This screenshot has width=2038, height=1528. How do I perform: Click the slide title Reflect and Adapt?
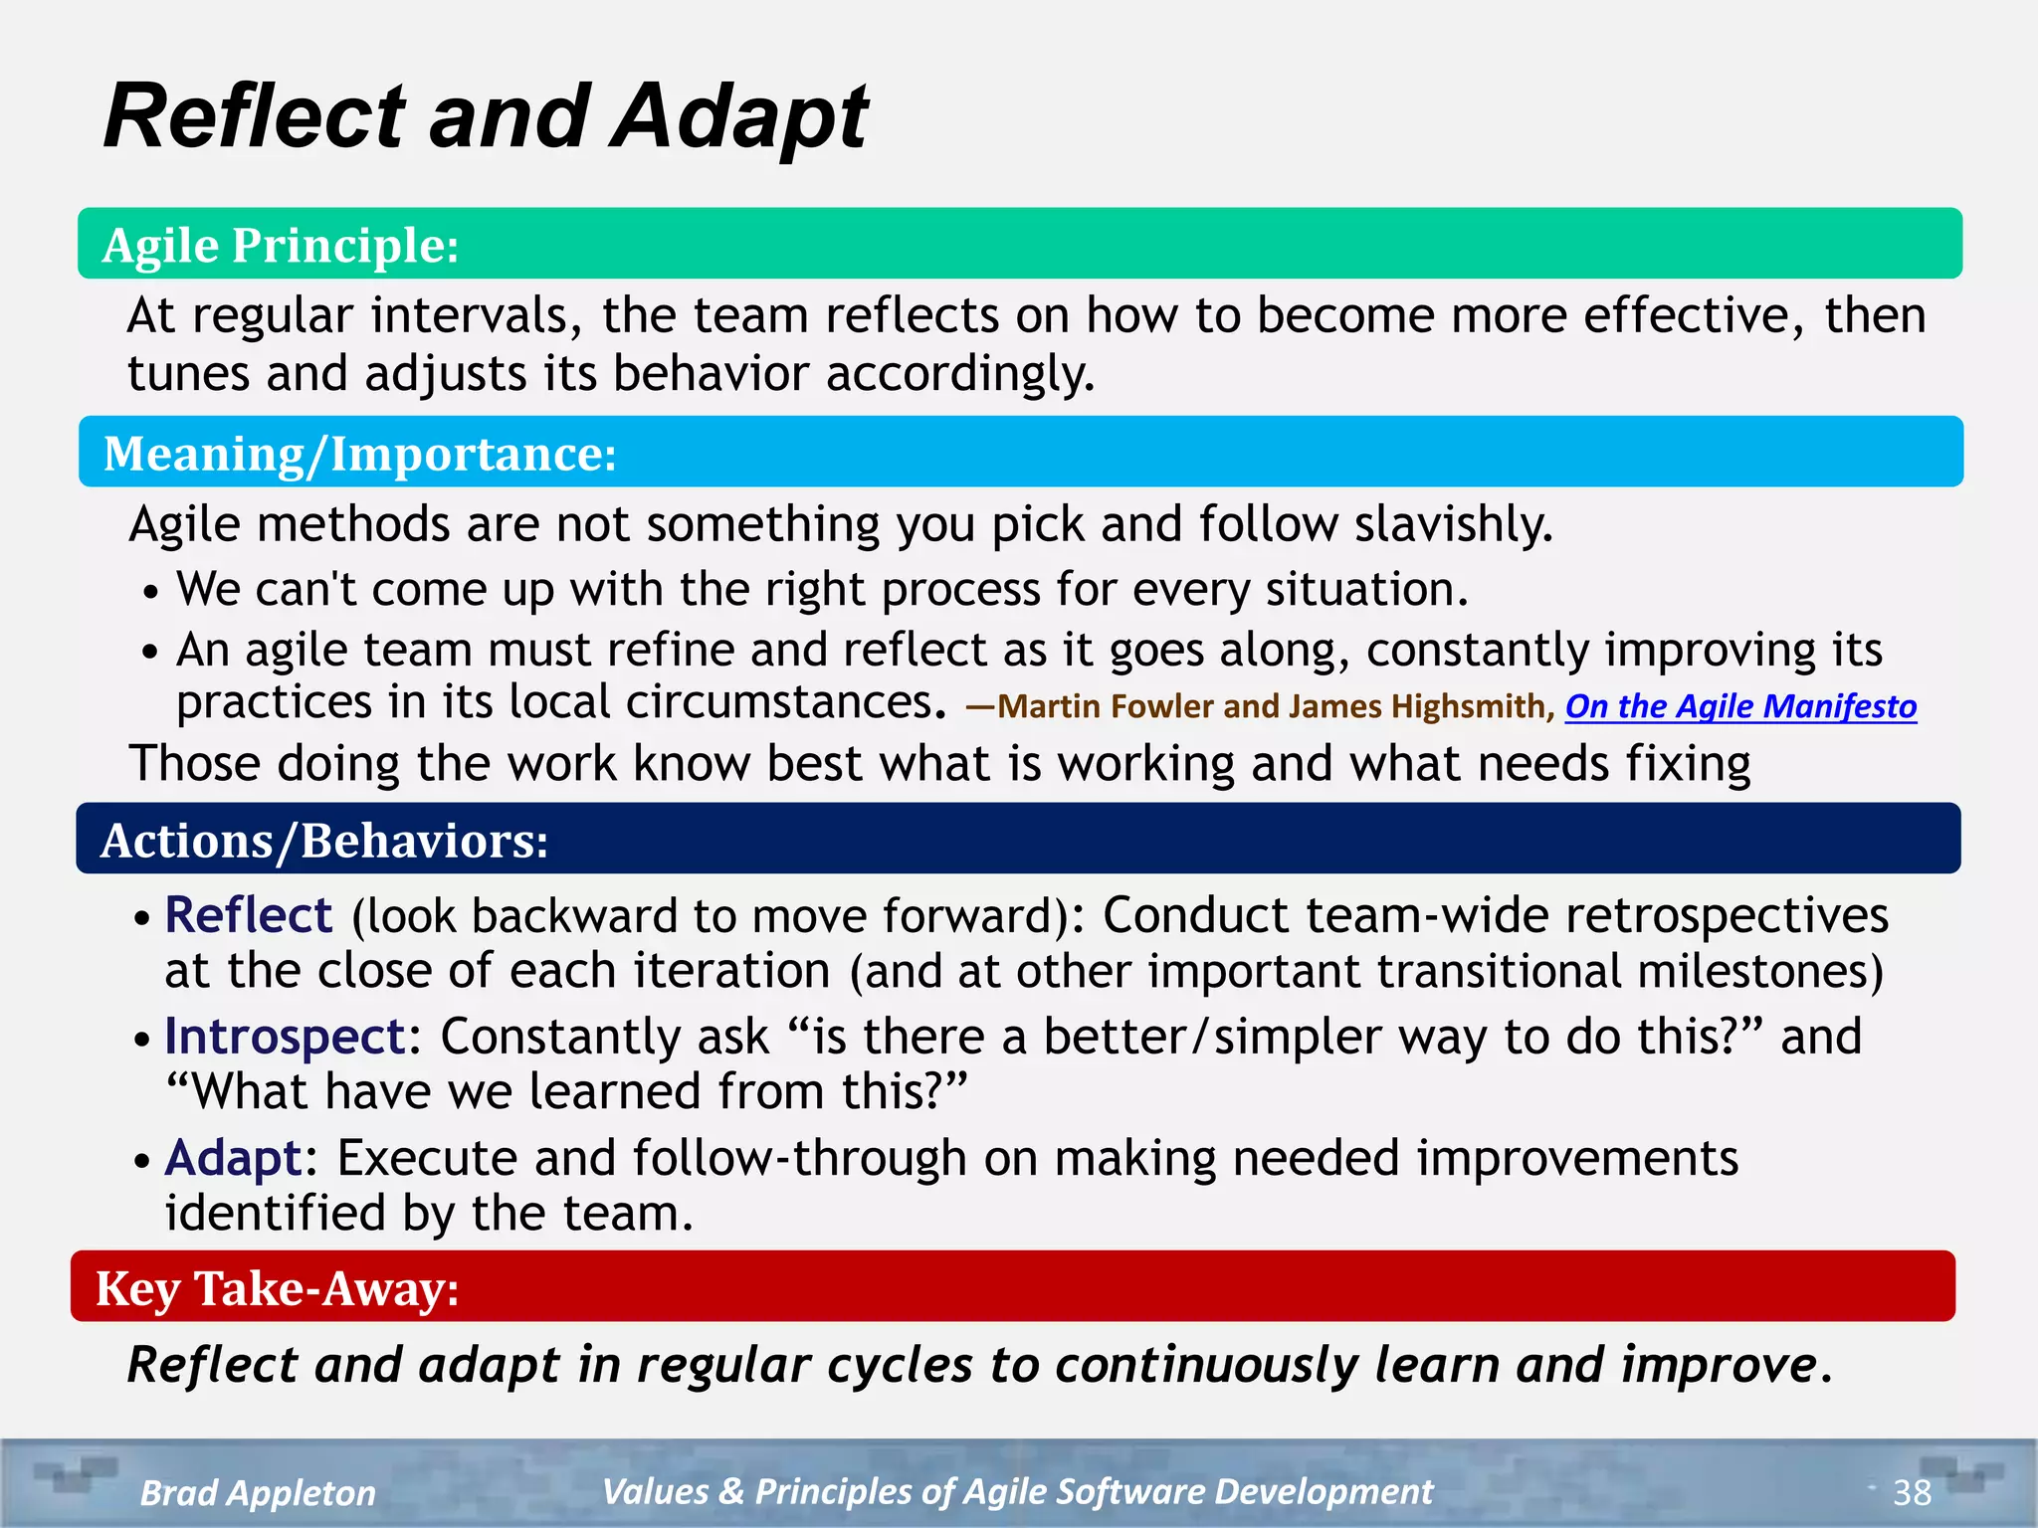pyautogui.click(x=486, y=117)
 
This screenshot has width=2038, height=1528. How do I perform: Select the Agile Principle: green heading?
pyautogui.click(x=281, y=245)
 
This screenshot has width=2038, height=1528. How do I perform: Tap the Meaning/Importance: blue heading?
pyautogui.click(x=360, y=454)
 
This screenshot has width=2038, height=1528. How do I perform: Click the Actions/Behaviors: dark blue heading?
pyautogui.click(x=324, y=841)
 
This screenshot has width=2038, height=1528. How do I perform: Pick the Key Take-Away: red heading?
pyautogui.click(x=278, y=1288)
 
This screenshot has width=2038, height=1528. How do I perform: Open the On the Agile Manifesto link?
pyautogui.click(x=1740, y=706)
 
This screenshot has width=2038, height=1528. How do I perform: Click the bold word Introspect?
pyautogui.click(x=285, y=1037)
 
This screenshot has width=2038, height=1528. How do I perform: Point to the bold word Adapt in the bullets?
pyautogui.click(x=233, y=1158)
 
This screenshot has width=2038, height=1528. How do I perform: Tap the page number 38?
pyautogui.click(x=1912, y=1492)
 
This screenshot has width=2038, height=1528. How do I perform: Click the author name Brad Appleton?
pyautogui.click(x=258, y=1493)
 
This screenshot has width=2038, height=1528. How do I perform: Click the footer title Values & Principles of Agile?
pyautogui.click(x=1017, y=1491)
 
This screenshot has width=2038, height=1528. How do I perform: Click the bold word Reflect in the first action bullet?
pyautogui.click(x=248, y=915)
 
